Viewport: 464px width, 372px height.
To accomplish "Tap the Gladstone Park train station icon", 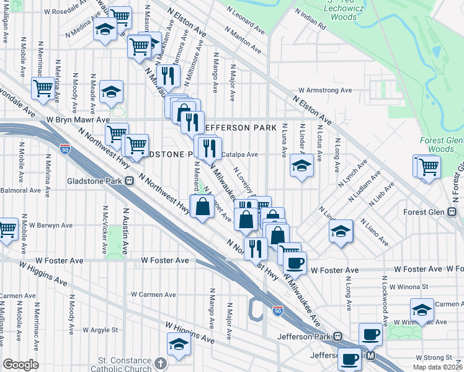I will coord(130,181).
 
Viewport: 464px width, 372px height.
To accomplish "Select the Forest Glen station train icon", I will coord(452,212).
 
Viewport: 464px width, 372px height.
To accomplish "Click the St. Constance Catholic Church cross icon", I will coord(160,362).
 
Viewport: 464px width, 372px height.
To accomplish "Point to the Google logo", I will coord(20,365).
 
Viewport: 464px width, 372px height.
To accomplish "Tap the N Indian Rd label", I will coord(310,20).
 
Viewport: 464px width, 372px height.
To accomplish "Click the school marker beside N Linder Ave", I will coord(301,166).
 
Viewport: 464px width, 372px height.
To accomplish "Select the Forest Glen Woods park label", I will coord(441,144).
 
